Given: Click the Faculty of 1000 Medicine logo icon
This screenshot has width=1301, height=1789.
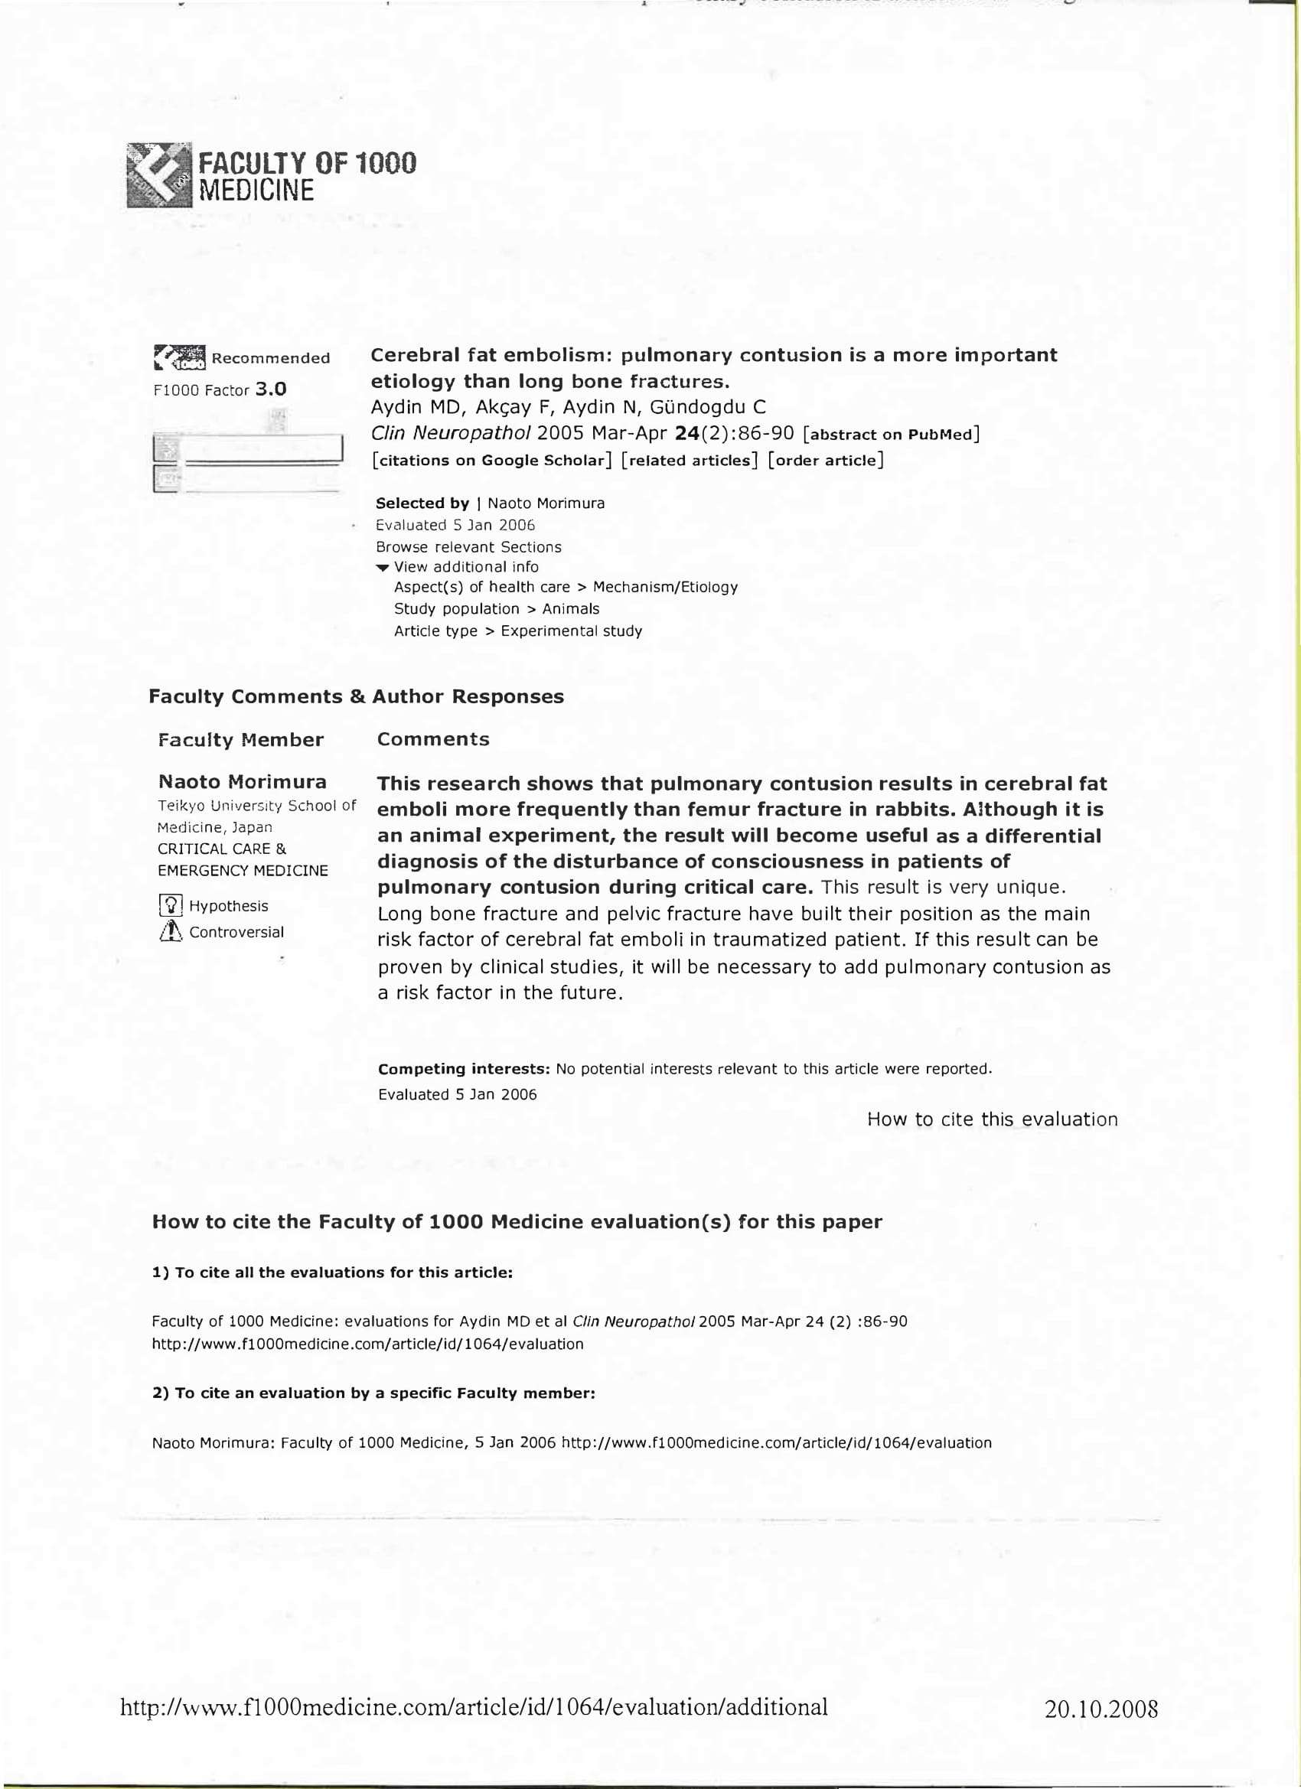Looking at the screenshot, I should pos(158,175).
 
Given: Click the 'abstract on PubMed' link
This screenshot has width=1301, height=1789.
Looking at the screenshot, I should pos(891,434).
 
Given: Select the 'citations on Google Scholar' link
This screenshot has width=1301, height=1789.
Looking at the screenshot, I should pos(492,461).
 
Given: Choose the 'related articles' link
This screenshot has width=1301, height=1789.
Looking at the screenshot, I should pos(689,461).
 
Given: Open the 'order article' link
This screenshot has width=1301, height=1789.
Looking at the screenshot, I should pos(825,461).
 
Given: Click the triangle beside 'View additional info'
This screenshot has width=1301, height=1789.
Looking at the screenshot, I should pos(383,568).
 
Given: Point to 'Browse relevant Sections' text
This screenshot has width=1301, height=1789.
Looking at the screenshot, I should pos(468,546).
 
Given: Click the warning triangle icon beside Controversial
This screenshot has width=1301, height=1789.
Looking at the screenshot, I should pos(171,932).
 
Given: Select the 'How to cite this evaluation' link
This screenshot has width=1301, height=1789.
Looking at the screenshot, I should pos(992,1119).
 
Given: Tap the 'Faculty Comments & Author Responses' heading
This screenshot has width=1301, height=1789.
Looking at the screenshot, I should pos(356,696).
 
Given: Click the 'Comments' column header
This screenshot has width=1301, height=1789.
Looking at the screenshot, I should pos(432,739).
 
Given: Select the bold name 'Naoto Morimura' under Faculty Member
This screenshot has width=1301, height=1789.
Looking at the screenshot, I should pos(242,782).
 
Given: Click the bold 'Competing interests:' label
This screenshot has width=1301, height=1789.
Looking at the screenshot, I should pos(464,1069).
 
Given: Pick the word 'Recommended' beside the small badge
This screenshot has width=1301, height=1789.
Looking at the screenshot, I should pos(270,359).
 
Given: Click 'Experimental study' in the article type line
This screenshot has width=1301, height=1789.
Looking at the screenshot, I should pos(571,631).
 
